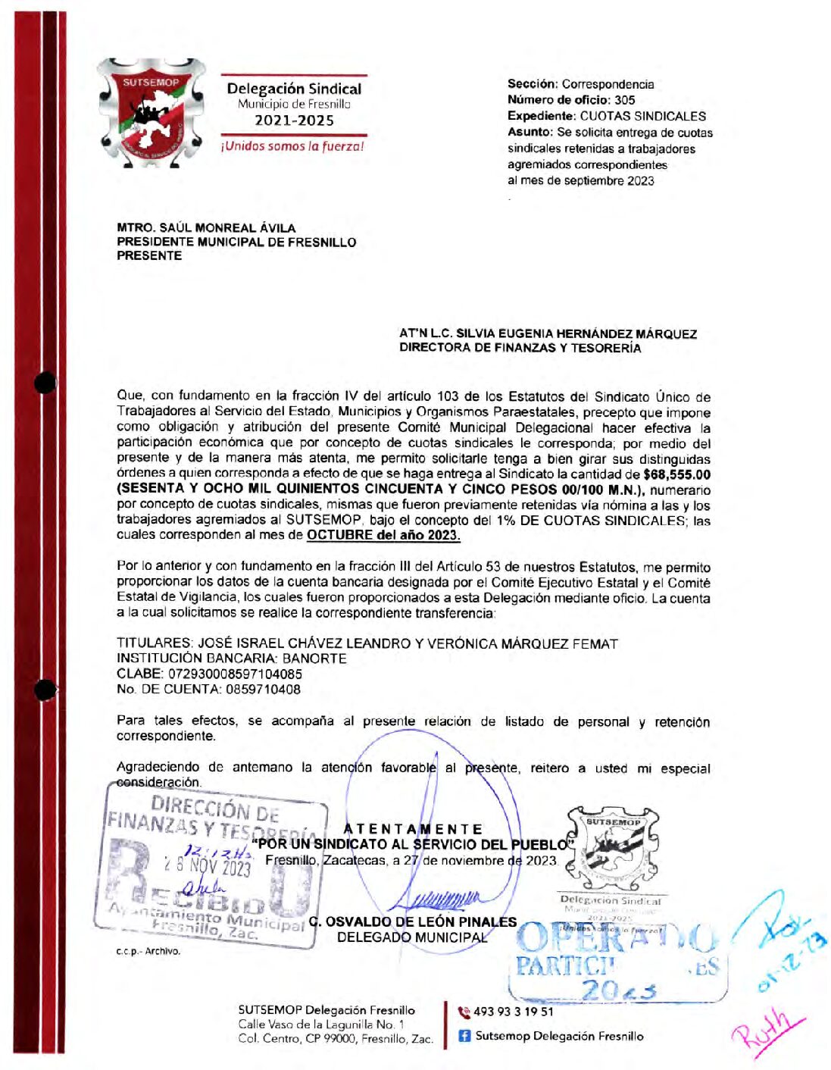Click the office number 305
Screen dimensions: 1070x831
coord(624,100)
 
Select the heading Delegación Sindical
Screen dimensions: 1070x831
coord(294,89)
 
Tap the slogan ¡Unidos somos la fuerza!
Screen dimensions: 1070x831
coord(292,146)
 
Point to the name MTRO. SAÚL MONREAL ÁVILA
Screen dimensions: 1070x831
coord(206,227)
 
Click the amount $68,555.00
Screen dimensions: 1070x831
coord(676,475)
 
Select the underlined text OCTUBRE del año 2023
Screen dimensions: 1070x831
coord(383,535)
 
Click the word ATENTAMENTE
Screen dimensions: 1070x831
coord(413,829)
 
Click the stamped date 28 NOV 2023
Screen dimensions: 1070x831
coord(207,865)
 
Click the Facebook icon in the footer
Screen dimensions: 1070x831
coord(464,1036)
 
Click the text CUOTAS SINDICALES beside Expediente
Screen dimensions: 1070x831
coord(642,116)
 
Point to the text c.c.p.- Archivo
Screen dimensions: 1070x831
coord(148,951)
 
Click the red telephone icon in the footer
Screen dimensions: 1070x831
coord(464,1012)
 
